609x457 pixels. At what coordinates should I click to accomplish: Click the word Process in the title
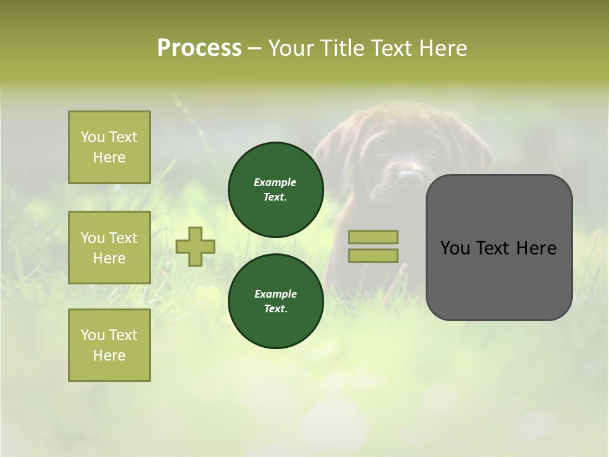(199, 48)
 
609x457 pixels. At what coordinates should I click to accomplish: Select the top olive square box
(109, 147)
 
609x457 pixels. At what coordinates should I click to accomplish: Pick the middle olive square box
(109, 248)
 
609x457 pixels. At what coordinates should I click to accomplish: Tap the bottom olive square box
(109, 345)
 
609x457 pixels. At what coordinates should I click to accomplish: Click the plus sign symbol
(195, 246)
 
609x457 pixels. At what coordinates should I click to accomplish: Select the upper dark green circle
(275, 190)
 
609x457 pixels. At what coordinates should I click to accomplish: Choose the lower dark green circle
(275, 301)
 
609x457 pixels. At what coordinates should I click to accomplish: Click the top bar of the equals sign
(373, 237)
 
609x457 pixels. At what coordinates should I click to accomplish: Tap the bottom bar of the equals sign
(373, 255)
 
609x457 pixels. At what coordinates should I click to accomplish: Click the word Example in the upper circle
(275, 182)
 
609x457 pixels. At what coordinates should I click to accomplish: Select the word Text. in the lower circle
(275, 308)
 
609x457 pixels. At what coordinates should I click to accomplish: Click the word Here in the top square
(109, 157)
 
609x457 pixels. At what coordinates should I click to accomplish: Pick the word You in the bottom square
(92, 335)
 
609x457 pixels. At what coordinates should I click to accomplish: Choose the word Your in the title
(292, 48)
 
